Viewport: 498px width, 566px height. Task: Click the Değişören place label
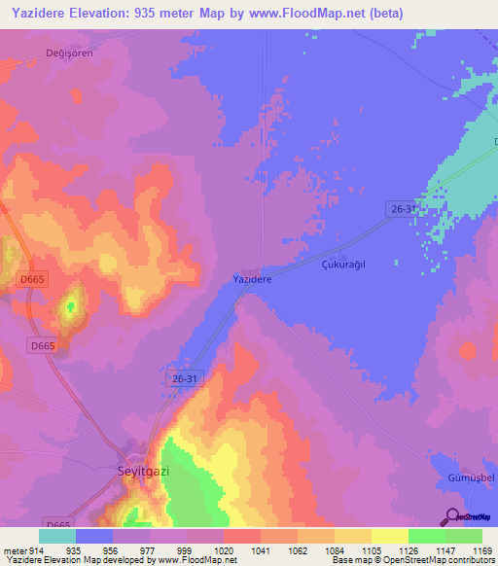coord(69,53)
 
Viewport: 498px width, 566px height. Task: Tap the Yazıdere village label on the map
coord(252,279)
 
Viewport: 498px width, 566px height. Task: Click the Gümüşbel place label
coord(474,478)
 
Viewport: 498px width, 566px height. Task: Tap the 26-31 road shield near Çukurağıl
coord(402,209)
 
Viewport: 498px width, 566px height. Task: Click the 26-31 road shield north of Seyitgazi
coord(185,378)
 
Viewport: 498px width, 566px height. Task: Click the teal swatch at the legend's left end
coord(57,536)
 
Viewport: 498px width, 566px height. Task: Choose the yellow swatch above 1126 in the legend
coord(389,536)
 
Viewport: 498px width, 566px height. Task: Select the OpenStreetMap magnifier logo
coord(452,515)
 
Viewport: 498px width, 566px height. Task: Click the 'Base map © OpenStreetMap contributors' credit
coord(408,560)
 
